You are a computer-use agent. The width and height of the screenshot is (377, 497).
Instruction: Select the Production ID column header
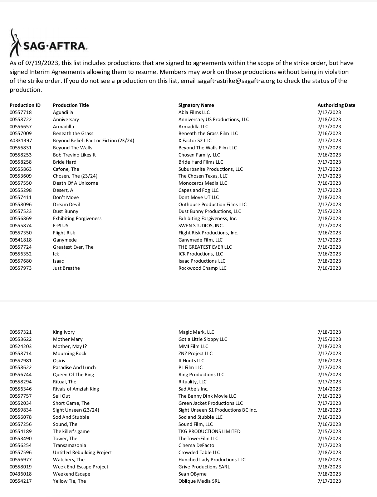(25, 105)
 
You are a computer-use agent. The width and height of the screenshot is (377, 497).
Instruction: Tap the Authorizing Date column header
(336, 105)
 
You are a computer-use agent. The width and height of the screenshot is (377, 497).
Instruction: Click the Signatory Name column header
(196, 105)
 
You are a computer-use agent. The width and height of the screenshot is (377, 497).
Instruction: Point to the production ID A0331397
(21, 140)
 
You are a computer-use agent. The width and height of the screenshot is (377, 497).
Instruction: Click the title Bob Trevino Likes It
(74, 155)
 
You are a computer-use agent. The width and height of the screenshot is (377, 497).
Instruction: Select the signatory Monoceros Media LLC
(203, 183)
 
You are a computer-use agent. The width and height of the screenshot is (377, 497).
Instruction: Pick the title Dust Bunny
(65, 211)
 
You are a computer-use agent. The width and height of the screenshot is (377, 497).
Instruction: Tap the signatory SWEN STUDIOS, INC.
(201, 225)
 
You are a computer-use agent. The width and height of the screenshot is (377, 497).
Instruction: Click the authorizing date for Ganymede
(329, 240)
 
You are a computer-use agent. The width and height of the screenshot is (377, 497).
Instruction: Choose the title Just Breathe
(66, 268)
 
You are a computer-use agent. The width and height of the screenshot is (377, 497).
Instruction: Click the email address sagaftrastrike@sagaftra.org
(236, 81)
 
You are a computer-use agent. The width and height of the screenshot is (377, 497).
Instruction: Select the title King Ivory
(64, 332)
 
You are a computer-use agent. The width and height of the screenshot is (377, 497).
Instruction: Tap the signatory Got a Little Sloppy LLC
(203, 339)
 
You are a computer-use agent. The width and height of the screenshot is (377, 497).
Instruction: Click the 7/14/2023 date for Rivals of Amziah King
(329, 389)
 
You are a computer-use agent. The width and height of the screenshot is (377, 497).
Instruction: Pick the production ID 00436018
(21, 474)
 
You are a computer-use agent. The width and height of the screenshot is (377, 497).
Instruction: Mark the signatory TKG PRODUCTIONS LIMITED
(209, 431)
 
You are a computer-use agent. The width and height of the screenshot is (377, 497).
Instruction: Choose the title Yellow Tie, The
(69, 481)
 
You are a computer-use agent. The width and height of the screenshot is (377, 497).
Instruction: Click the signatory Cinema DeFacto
(196, 445)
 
